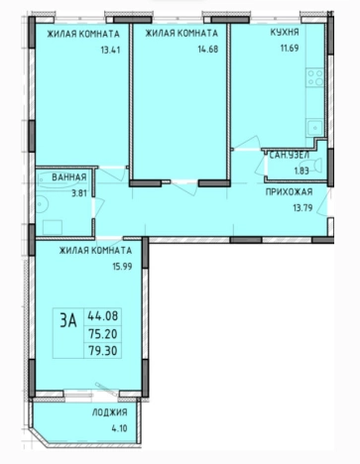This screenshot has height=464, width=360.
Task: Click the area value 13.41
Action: tap(110, 51)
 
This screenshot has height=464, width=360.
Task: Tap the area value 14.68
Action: tap(208, 50)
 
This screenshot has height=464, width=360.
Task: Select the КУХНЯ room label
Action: tap(285, 33)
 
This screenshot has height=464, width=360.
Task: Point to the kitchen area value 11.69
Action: tap(290, 48)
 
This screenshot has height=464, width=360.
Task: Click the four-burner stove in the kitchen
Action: tap(314, 77)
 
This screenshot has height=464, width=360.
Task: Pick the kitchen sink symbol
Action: tap(314, 128)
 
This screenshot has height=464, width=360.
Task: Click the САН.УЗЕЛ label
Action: tap(290, 155)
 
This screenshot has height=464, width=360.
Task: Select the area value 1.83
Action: tap(301, 171)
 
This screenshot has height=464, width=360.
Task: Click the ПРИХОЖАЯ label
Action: tap(290, 192)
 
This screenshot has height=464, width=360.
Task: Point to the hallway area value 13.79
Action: tap(302, 208)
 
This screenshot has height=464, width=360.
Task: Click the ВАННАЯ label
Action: tap(69, 177)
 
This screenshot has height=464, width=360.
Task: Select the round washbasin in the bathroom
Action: tap(42, 204)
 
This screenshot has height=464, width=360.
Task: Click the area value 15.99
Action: tap(122, 267)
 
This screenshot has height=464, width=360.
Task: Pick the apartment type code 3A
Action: tap(68, 321)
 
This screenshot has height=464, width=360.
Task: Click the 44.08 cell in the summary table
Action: tap(102, 316)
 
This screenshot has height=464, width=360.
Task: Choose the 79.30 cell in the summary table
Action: tap(102, 350)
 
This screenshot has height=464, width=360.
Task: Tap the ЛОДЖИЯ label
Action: tap(110, 412)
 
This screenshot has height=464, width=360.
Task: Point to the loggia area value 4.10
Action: tap(119, 428)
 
